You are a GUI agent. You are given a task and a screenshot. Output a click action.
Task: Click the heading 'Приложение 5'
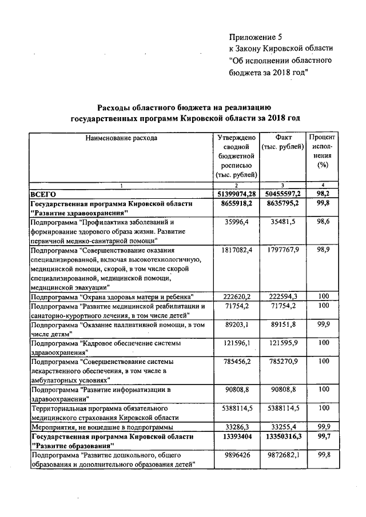click(256, 36)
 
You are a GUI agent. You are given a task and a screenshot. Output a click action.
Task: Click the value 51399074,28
click(236, 194)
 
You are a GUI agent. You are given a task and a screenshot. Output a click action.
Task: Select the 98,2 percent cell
click(322, 194)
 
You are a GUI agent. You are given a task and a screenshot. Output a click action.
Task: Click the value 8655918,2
click(236, 203)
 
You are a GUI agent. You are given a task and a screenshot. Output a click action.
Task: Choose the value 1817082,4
click(236, 250)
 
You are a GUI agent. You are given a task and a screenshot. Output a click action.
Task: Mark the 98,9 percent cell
click(322, 250)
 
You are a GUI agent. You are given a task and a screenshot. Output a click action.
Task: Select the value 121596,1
click(236, 343)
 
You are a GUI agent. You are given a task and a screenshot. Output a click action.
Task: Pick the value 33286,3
click(236, 427)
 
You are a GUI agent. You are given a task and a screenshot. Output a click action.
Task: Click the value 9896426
click(236, 455)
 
